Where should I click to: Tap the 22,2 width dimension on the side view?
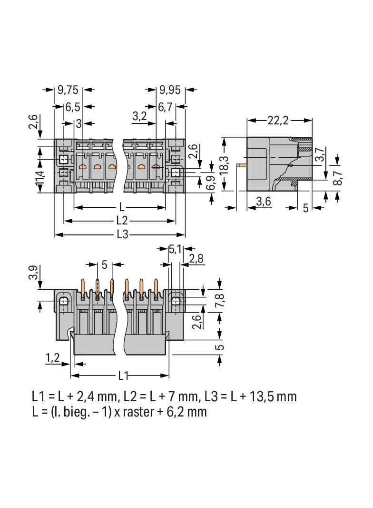pyautogui.click(x=278, y=121)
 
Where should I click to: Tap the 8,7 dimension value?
pyautogui.click(x=338, y=177)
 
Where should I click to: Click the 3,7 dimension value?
pyautogui.click(x=322, y=156)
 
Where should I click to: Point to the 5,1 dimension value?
pyautogui.click(x=175, y=249)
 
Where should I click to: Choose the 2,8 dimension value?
pyautogui.click(x=196, y=259)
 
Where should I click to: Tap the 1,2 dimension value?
pyautogui.click(x=52, y=358)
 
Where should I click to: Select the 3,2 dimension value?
pyautogui.click(x=139, y=116)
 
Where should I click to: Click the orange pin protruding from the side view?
pyautogui.click(x=241, y=165)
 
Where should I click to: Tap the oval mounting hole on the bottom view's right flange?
pyautogui.click(x=176, y=301)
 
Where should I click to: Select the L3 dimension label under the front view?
pyautogui.click(x=122, y=234)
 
